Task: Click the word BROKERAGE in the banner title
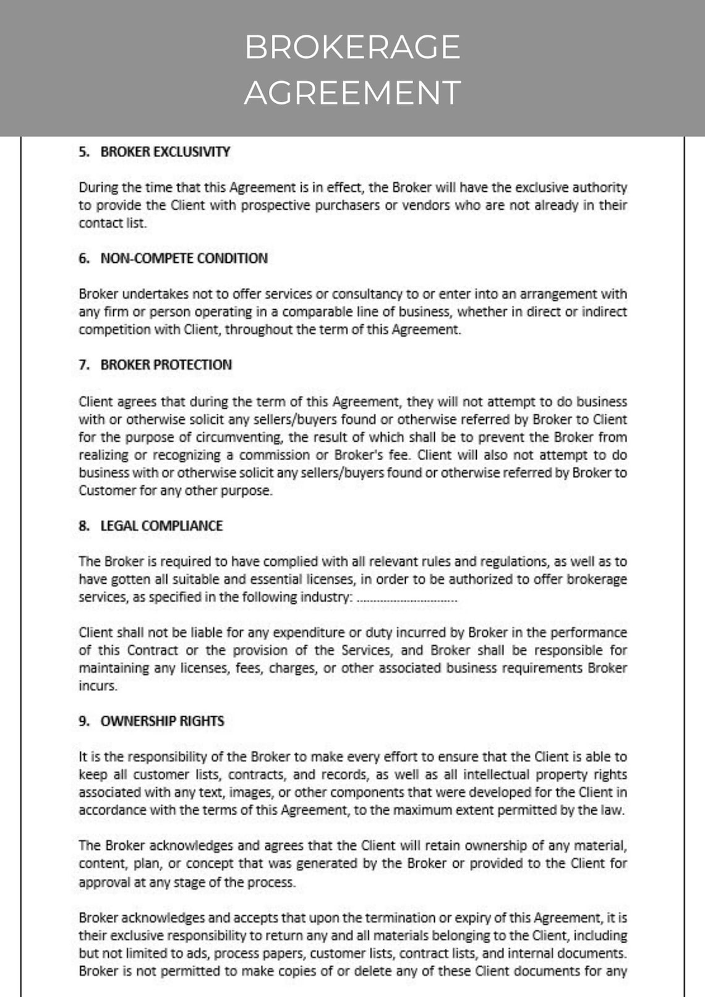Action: point(352,47)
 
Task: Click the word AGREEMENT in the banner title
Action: point(352,93)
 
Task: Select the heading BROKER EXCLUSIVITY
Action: point(165,152)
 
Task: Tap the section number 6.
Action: point(83,259)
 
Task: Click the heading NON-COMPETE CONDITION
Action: point(184,259)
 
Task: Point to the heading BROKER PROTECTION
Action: point(166,365)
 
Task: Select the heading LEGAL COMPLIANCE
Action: point(161,526)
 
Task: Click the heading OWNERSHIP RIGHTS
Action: point(162,721)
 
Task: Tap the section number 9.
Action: point(83,721)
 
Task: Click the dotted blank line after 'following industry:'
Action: point(408,599)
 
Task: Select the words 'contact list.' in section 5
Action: point(113,223)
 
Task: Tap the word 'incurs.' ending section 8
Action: point(98,686)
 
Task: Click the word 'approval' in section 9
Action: point(103,882)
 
